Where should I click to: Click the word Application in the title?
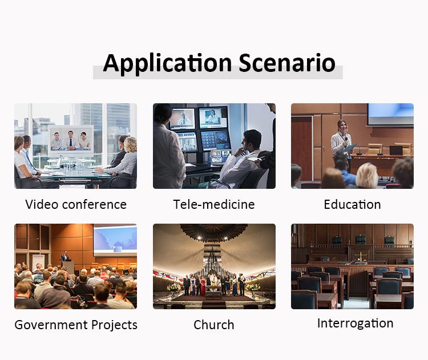pos(167,63)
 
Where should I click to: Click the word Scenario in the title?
pos(287,63)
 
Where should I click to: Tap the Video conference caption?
pos(76,204)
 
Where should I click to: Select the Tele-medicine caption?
pos(214,204)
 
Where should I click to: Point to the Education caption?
pos(353,204)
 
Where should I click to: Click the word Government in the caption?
pos(51,325)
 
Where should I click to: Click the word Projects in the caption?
pos(114,325)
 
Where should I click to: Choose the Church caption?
pos(214,325)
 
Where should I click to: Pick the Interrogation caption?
pos(355,323)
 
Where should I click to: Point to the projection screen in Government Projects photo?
pos(115,240)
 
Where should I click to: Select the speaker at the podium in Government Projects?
pos(64,257)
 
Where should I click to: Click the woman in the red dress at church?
pos(203,286)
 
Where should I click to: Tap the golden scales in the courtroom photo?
pos(361,257)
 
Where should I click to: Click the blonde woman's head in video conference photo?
pos(130,144)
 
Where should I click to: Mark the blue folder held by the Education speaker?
pos(350,148)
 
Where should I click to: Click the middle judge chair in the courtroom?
pos(360,240)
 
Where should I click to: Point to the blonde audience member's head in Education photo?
pos(366,176)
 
